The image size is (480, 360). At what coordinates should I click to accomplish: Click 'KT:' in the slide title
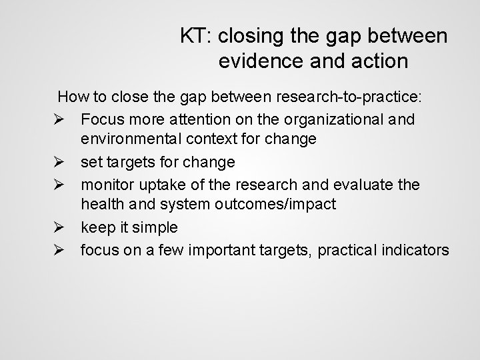click(196, 36)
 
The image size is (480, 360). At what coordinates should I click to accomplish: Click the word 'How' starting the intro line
click(72, 97)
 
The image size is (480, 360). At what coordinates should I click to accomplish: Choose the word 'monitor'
click(109, 184)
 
